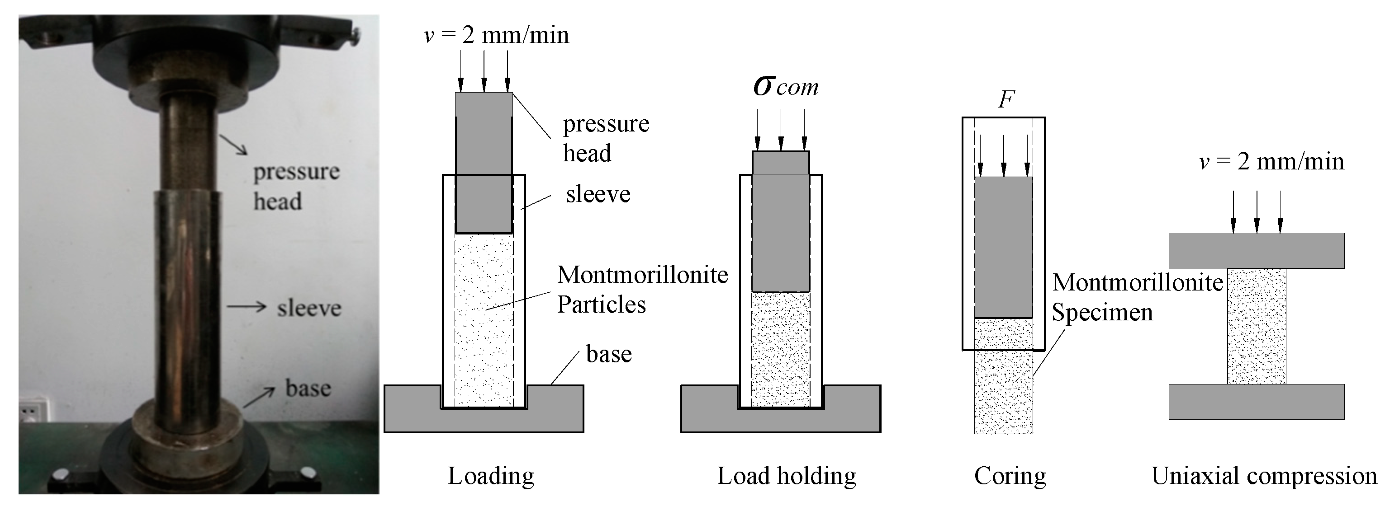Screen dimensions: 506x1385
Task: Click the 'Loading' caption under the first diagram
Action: (x=491, y=476)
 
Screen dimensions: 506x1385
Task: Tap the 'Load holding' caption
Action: (x=787, y=476)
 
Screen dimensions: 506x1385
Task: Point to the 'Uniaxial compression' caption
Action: (x=1263, y=476)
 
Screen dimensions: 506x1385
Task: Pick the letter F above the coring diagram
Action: (x=1006, y=99)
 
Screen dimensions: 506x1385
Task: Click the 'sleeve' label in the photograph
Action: (x=309, y=308)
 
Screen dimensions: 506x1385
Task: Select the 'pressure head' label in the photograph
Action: (x=296, y=186)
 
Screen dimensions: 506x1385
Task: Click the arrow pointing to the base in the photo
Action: (x=259, y=398)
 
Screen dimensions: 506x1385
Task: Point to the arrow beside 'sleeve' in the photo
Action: (x=246, y=307)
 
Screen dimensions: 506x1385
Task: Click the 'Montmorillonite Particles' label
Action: (x=642, y=290)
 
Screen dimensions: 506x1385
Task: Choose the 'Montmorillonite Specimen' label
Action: (x=1137, y=297)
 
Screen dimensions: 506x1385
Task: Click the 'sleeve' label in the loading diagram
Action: (x=598, y=194)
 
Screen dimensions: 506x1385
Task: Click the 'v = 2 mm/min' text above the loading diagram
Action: (x=496, y=35)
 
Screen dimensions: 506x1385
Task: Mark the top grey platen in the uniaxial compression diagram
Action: (x=1257, y=250)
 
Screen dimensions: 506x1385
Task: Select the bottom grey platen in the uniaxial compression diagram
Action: (x=1257, y=401)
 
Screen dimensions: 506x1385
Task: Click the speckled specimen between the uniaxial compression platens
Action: (x=1257, y=326)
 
